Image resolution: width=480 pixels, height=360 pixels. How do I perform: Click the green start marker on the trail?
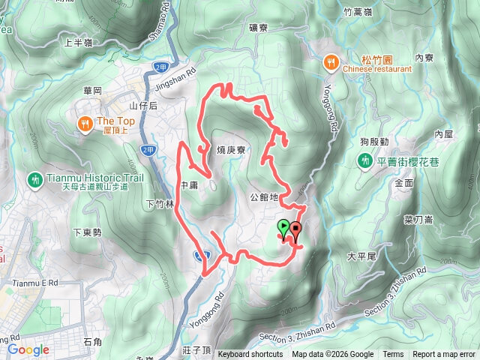pos(283,226)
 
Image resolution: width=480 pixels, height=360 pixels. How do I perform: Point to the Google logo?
pos(28,349)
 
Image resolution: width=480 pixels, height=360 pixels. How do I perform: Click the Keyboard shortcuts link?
pos(250,355)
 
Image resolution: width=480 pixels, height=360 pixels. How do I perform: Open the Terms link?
pos(392,355)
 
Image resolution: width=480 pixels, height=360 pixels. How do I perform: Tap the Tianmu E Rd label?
pos(35,283)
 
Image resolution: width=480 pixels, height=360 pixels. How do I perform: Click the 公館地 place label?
pos(264,197)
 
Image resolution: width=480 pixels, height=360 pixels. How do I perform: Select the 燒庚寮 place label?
pos(232,150)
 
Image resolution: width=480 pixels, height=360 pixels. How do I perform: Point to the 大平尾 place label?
pos(362,256)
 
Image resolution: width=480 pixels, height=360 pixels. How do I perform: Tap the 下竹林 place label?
pos(160,203)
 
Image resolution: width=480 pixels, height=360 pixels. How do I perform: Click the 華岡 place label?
pos(92,90)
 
